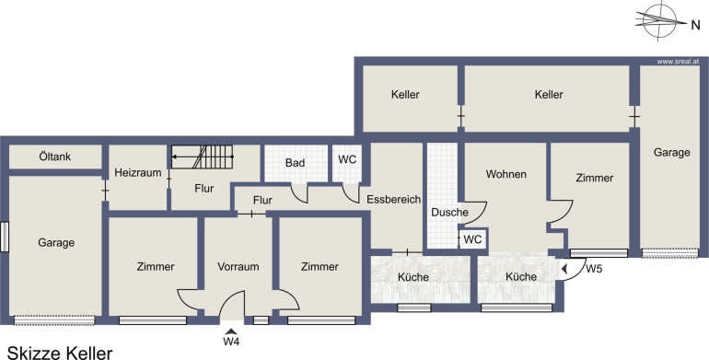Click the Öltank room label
point(54,157)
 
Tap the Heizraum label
point(138,172)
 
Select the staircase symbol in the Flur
point(203,157)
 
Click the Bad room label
point(295,163)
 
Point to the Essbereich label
point(393,200)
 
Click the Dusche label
point(449,212)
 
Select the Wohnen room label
point(506,174)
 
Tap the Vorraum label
point(238,267)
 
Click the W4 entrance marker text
point(231,342)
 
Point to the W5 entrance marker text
point(594,269)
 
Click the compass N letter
point(695,26)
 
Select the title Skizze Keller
point(60,353)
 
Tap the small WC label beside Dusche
point(472,239)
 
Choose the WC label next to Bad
point(347,159)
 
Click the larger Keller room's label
point(549,95)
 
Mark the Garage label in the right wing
point(672,153)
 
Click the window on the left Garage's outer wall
point(5,237)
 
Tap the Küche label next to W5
point(521,277)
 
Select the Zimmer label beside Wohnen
point(595,178)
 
